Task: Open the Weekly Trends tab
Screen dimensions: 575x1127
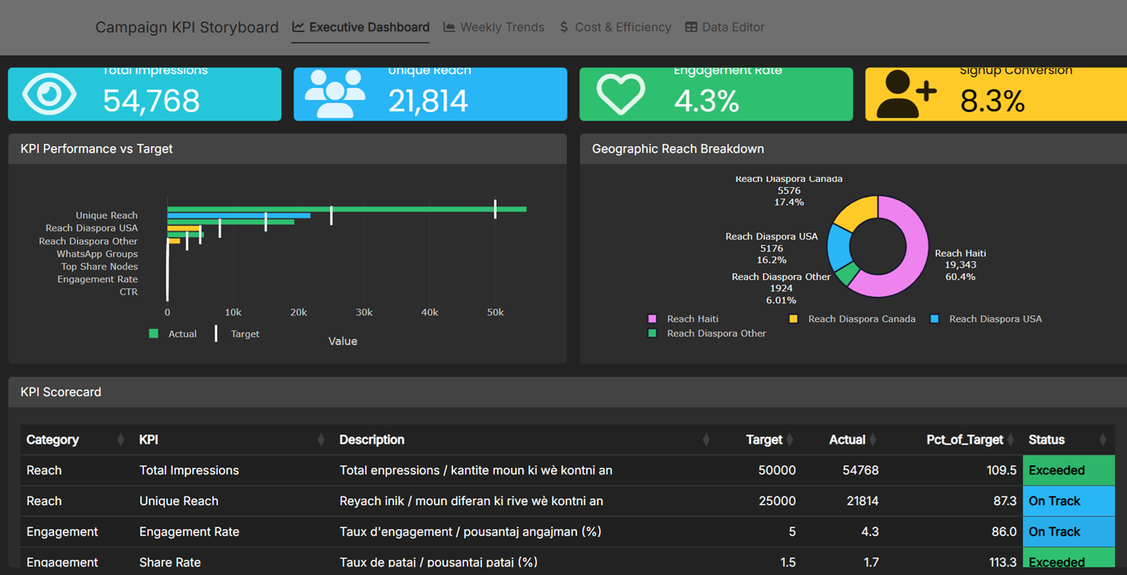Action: pos(494,27)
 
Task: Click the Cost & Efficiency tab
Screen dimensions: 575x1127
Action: pos(615,27)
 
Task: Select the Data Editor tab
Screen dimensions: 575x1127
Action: pos(724,27)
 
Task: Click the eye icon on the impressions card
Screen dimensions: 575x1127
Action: pos(49,94)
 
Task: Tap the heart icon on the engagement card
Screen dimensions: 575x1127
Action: pos(621,94)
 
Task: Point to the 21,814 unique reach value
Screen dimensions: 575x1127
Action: pos(428,101)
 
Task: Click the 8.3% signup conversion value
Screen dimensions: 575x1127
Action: pos(992,101)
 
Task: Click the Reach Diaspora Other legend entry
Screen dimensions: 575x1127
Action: pos(715,333)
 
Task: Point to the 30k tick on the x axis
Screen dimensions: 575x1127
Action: pos(364,312)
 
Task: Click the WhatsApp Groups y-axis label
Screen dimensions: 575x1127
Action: pos(97,254)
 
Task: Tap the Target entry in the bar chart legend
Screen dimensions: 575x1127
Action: pos(244,333)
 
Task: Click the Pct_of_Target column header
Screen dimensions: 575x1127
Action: pos(964,440)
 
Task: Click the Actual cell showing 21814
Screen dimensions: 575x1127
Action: pos(861,501)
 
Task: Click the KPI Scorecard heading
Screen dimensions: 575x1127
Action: pos(61,392)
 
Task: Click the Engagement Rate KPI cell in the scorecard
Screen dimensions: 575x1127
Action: pos(189,532)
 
